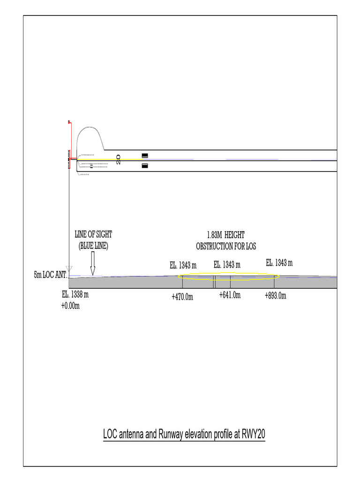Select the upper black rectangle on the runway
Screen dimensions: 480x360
click(x=145, y=156)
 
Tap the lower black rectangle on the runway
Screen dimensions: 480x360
click(x=145, y=165)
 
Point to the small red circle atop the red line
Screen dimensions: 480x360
click(x=69, y=122)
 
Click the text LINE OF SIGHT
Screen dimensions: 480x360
click(x=93, y=234)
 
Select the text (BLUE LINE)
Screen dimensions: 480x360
click(x=93, y=245)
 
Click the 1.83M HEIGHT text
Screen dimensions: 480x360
click(x=226, y=234)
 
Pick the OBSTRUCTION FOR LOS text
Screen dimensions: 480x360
click(x=226, y=246)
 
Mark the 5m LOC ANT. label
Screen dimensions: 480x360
click(x=50, y=275)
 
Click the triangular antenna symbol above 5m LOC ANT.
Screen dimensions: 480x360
click(x=69, y=269)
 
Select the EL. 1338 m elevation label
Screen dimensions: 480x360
click(x=75, y=295)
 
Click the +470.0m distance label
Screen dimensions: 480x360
click(x=182, y=297)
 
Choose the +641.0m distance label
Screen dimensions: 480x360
click(x=230, y=295)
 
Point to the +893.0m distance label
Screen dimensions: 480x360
click(x=275, y=296)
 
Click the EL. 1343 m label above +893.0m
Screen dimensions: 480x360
click(x=279, y=262)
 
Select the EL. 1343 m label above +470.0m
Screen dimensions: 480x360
click(x=183, y=266)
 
